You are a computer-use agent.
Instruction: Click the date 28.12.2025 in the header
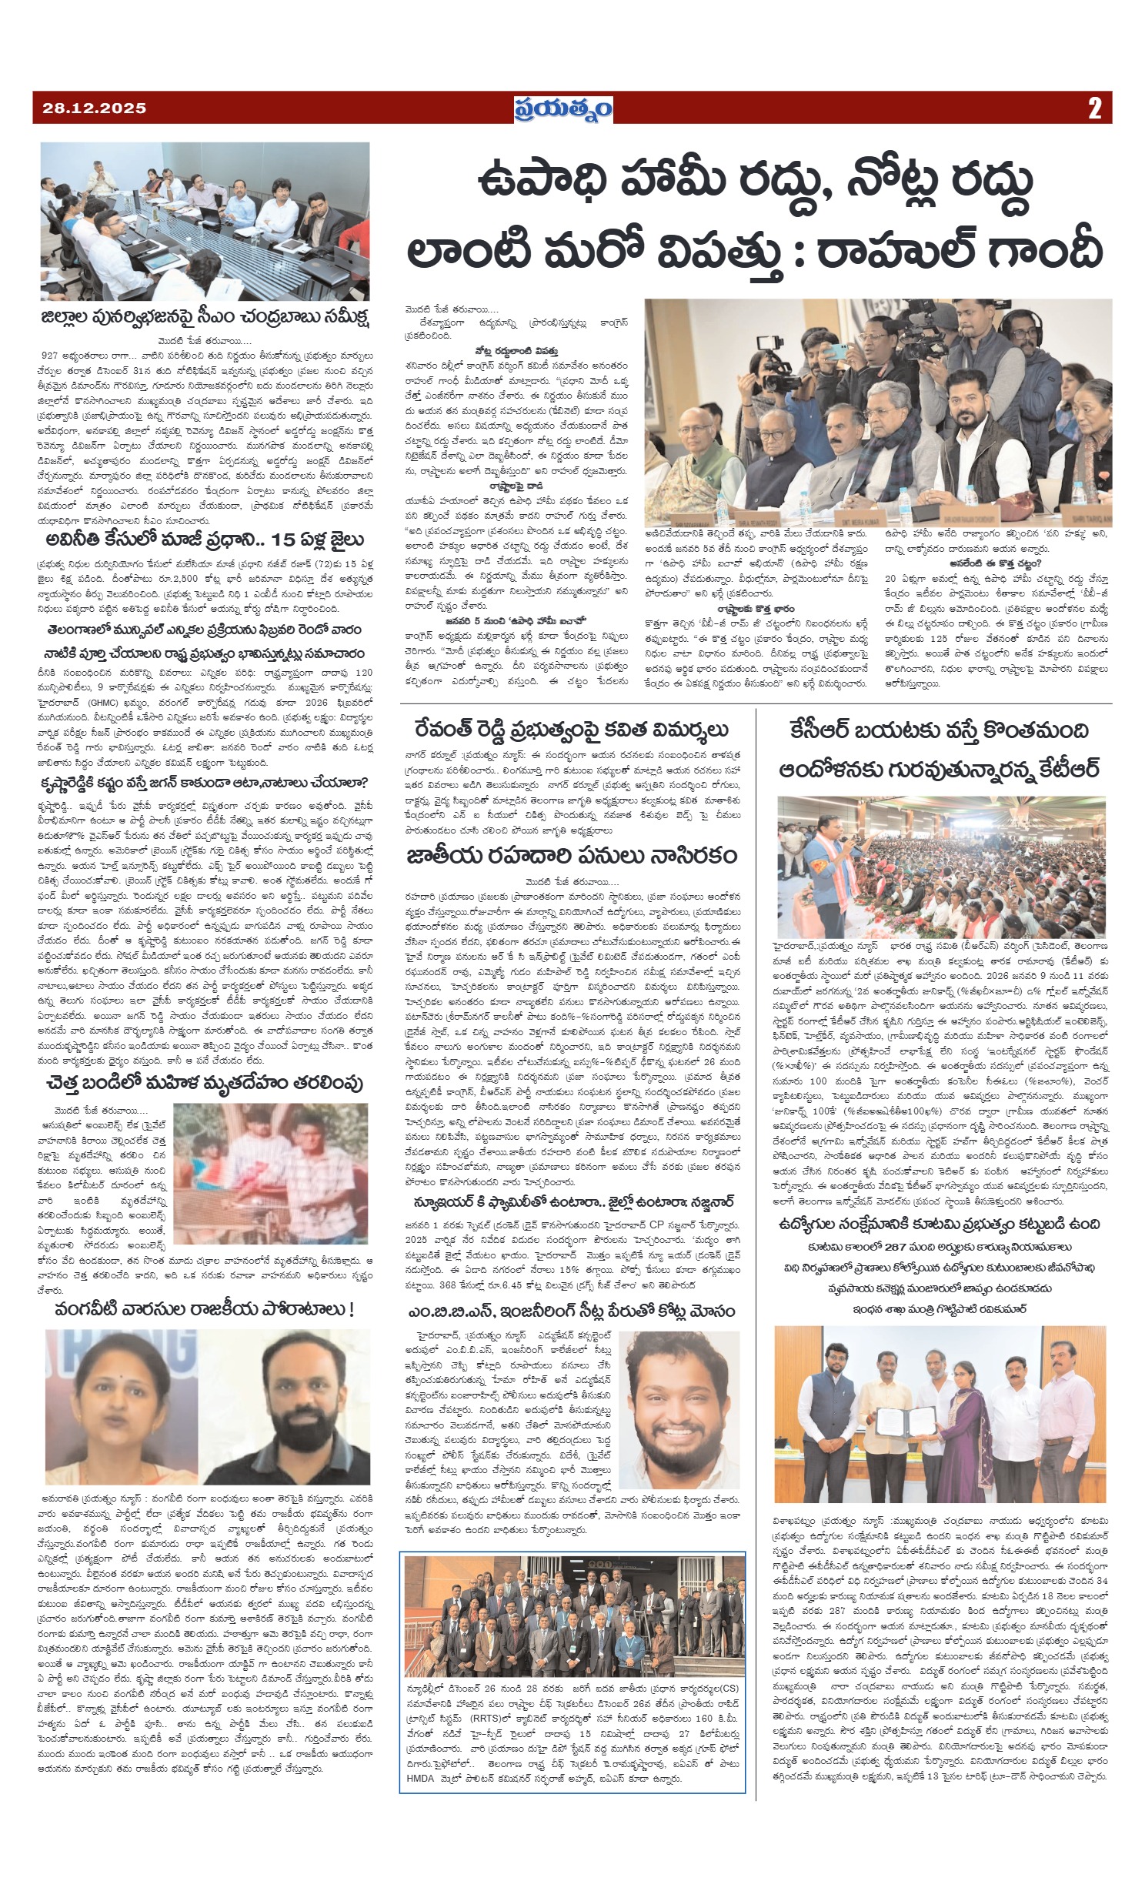(90, 109)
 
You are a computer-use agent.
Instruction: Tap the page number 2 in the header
(1094, 109)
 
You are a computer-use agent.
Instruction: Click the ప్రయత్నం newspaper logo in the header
(564, 110)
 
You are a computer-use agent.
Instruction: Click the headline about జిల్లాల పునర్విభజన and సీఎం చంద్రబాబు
(205, 317)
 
